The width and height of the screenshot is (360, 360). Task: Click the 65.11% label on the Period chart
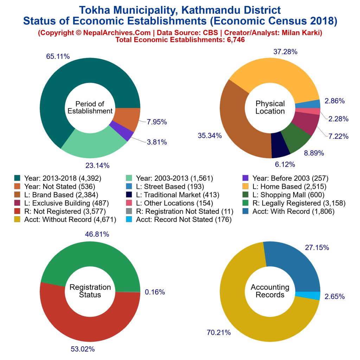pyautogui.click(x=58, y=56)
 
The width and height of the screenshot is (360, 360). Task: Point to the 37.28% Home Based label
pyautogui.click(x=285, y=52)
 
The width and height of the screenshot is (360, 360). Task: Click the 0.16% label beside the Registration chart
pyautogui.click(x=155, y=292)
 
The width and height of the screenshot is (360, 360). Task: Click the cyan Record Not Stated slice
pyautogui.click(x=308, y=296)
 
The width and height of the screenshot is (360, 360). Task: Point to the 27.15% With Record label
pyautogui.click(x=317, y=247)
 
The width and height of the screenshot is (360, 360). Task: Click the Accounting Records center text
pyautogui.click(x=270, y=291)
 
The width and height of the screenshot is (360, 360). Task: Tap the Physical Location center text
pyautogui.click(x=270, y=107)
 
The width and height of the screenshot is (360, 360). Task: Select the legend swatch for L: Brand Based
pyautogui.click(x=17, y=194)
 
